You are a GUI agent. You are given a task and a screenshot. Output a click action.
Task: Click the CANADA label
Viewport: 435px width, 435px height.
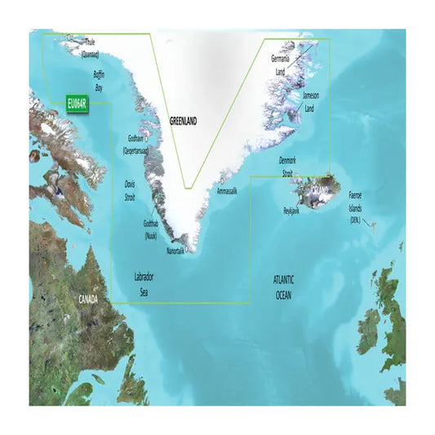[88, 300]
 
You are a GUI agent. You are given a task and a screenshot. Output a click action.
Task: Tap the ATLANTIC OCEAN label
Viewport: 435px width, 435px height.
[282, 286]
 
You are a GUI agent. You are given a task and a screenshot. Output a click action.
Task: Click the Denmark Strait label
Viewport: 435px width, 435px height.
[291, 166]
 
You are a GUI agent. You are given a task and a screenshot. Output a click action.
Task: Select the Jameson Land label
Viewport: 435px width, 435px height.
[311, 101]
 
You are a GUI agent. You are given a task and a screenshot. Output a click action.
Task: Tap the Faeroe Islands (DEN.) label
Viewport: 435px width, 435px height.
[357, 209]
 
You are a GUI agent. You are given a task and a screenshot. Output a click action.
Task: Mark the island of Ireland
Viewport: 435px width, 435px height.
[367, 331]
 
